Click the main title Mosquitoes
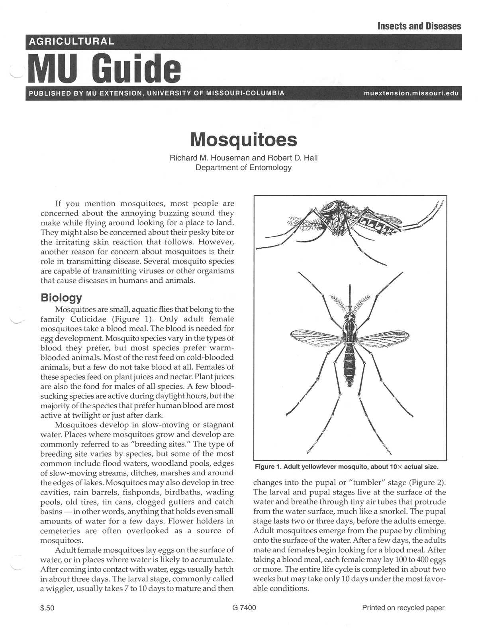[x=243, y=139]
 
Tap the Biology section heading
[x=61, y=297]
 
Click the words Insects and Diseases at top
[x=419, y=26]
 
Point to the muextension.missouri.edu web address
[x=411, y=94]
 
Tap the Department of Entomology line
[x=243, y=167]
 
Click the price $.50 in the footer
[x=47, y=608]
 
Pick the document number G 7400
[x=244, y=608]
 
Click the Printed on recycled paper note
[x=403, y=608]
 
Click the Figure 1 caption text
[x=346, y=467]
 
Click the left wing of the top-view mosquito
[x=317, y=338]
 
